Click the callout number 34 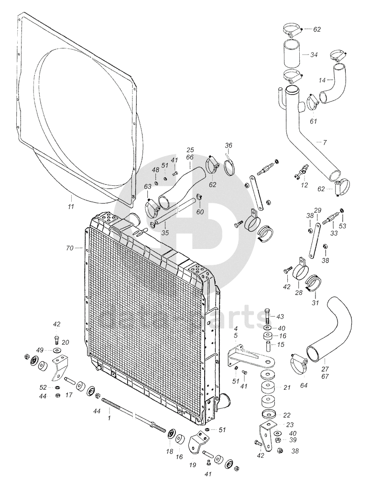coord(314,55)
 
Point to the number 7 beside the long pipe coord(325,142)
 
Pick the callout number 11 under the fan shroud coord(71,206)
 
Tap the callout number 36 coord(228,145)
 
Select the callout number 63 coord(147,186)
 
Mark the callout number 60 coord(200,212)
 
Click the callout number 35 coord(165,233)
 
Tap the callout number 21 coord(287,387)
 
